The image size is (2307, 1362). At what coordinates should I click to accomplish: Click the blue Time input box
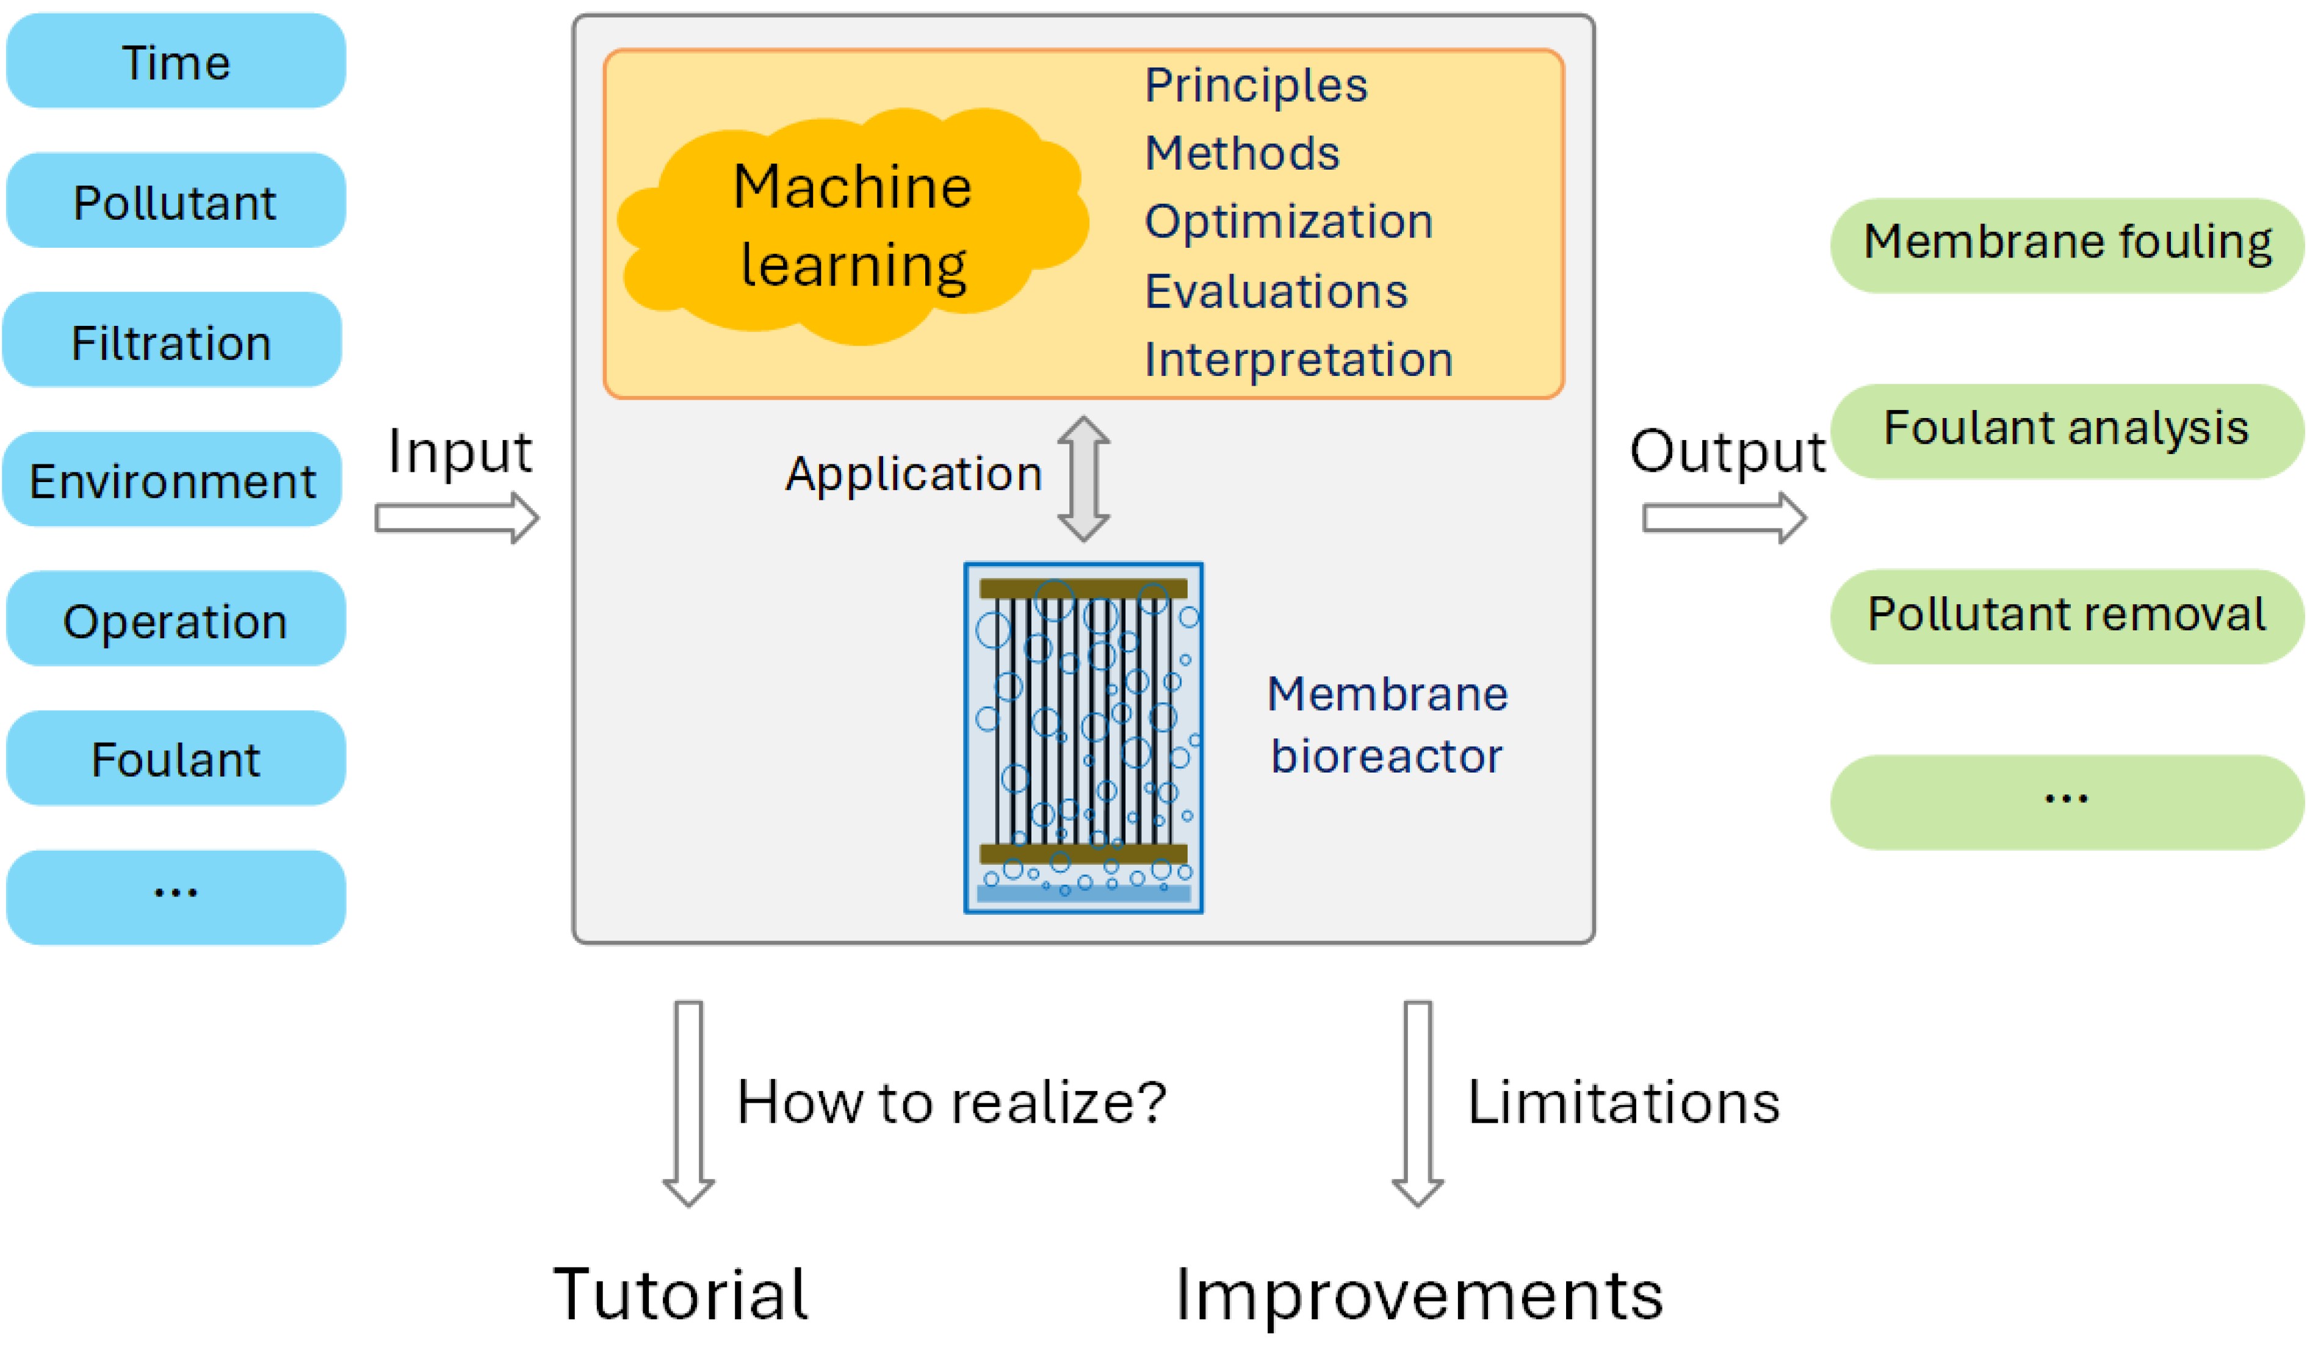175,62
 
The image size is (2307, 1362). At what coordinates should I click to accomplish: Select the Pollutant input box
175,201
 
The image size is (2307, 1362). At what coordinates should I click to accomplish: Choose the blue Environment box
171,480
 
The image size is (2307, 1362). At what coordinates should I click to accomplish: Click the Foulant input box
175,759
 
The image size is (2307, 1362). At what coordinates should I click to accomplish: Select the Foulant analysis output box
2067,430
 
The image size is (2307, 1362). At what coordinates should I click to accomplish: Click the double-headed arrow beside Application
1084,478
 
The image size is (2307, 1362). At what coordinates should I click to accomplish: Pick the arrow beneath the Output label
1724,517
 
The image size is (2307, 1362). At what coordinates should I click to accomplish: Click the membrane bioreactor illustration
1083,738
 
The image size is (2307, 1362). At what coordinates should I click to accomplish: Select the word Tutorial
680,1294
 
